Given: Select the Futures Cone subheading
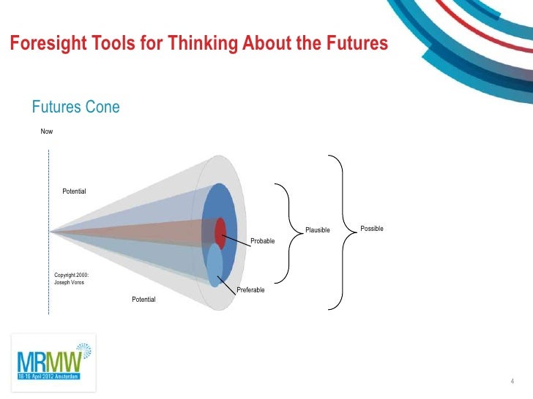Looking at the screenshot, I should click(x=75, y=107).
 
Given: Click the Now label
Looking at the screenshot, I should click(x=47, y=132).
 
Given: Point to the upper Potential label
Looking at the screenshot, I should click(x=74, y=191).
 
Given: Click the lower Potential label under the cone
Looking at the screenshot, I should click(x=143, y=300).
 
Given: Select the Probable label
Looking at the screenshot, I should click(x=262, y=241).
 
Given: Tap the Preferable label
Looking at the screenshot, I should click(x=250, y=290).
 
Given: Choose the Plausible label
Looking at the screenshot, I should click(x=318, y=231).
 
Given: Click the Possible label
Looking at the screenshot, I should click(x=372, y=229).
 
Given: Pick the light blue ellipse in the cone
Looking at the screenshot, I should click(x=214, y=265).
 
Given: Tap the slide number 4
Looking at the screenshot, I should click(x=511, y=381).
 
